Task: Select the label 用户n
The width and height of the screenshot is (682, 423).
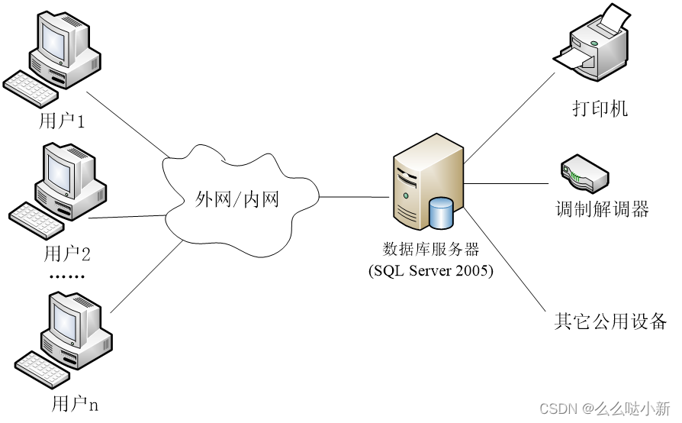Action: [x=75, y=404]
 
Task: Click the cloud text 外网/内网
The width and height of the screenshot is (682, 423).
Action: [x=237, y=200]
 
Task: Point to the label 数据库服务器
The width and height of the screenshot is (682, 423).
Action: [x=430, y=249]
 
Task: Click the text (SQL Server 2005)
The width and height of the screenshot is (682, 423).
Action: [x=430, y=270]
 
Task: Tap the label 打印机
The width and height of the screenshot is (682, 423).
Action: [x=600, y=108]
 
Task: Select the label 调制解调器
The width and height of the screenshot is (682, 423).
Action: [x=602, y=209]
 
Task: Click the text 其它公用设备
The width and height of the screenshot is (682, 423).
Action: [x=610, y=321]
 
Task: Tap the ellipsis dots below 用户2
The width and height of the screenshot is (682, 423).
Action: [x=67, y=276]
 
